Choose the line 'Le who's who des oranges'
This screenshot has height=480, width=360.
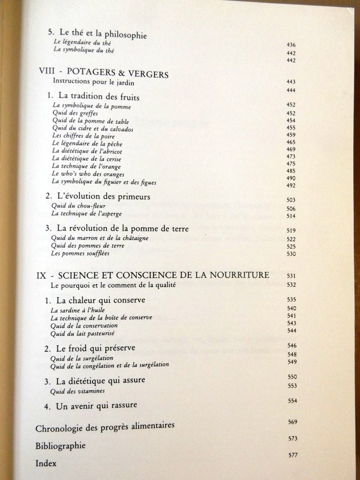click(88, 174)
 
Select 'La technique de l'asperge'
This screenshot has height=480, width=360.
click(87, 213)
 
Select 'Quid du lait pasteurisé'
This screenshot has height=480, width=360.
click(82, 333)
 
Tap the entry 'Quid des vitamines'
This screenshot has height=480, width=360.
click(77, 390)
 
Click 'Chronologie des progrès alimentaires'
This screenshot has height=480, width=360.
click(105, 427)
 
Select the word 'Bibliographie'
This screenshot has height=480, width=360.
click(60, 445)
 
